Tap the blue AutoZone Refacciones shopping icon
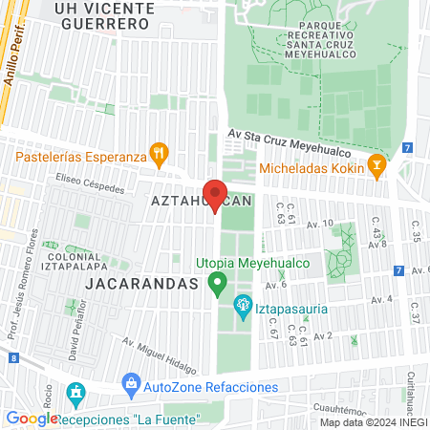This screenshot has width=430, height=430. point(131,386)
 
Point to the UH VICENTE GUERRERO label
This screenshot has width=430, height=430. point(104,17)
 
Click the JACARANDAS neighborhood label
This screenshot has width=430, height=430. point(140,284)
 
